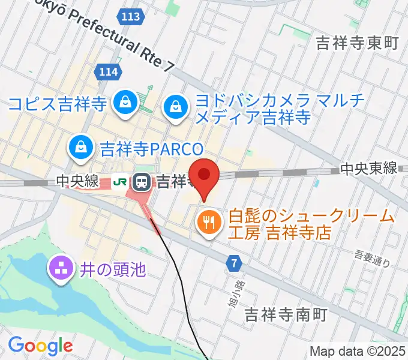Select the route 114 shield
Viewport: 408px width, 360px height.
(108, 73)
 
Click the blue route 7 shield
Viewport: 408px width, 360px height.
(233, 263)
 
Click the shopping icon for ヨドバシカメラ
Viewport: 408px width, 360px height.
(175, 107)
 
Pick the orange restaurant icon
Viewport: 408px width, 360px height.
(208, 223)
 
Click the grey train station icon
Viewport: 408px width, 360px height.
(142, 180)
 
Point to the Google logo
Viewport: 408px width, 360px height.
(41, 345)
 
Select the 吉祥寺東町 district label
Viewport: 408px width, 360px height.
(357, 43)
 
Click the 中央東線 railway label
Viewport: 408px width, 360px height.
(368, 169)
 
